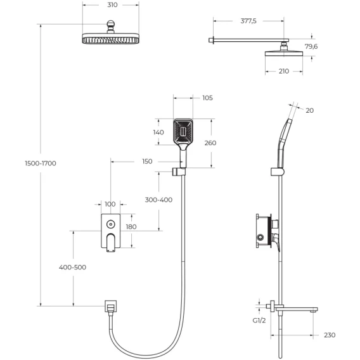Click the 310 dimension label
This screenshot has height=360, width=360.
click(x=112, y=5)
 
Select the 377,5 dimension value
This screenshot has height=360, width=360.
click(x=248, y=21)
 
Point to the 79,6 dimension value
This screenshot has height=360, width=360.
click(x=311, y=46)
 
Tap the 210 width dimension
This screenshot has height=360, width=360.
click(x=284, y=71)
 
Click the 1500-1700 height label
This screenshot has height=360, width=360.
click(x=41, y=164)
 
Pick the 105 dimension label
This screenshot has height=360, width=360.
click(x=207, y=98)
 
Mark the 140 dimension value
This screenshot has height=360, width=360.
click(x=158, y=132)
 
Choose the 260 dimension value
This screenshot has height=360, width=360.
click(x=210, y=143)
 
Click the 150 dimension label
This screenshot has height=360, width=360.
click(x=147, y=162)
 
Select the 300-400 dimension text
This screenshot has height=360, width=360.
click(x=158, y=200)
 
